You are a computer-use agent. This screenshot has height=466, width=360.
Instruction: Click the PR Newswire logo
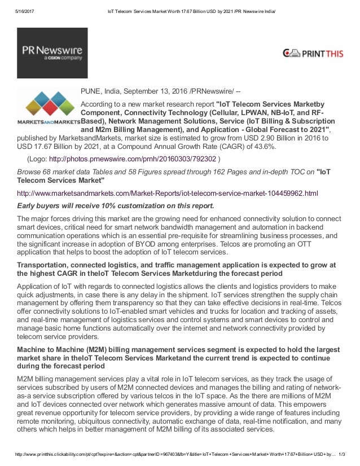pos(52,52)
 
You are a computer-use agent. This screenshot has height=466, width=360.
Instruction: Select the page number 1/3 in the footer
pos(350,460)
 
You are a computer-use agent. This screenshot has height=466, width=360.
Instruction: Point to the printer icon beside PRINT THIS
pos(292,54)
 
